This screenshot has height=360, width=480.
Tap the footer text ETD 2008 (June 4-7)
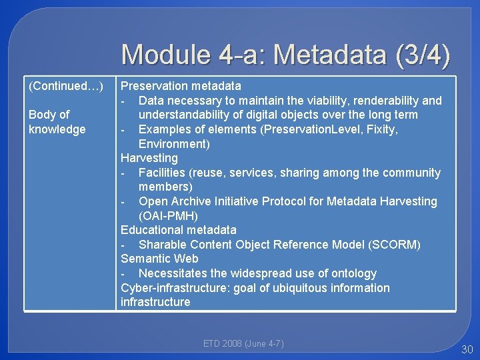tap(243, 344)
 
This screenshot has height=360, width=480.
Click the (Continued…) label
tap(66, 86)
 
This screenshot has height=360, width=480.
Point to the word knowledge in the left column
tap(57, 129)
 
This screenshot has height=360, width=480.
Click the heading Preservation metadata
tap(181, 86)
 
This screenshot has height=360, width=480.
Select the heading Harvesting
tap(149, 158)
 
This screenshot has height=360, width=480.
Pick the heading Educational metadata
tap(178, 230)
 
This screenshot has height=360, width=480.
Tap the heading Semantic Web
tap(159, 259)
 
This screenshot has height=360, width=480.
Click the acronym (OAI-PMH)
tap(168, 216)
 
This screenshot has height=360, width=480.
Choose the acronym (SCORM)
tap(394, 245)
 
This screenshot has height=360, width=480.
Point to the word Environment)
tap(174, 144)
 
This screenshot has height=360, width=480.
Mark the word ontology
tap(353, 273)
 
